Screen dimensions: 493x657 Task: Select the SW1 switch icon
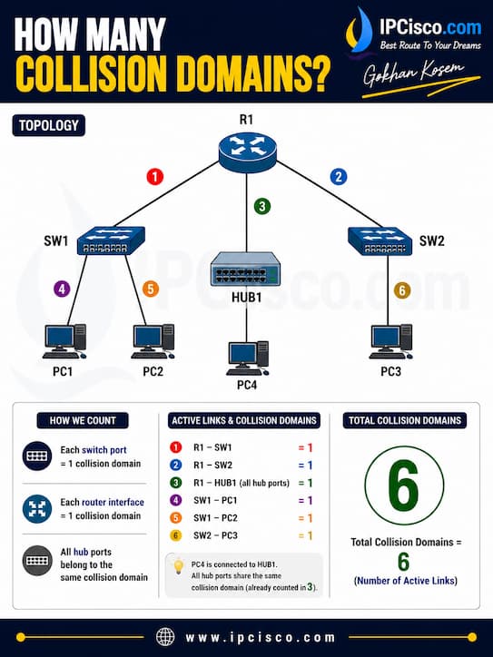click(x=111, y=240)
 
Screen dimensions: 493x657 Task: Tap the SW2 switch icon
click(x=380, y=240)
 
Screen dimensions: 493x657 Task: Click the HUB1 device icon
click(x=245, y=269)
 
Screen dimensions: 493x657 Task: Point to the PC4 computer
click(x=247, y=358)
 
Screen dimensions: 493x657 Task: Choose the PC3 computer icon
click(x=390, y=341)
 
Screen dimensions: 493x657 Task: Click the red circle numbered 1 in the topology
click(x=154, y=176)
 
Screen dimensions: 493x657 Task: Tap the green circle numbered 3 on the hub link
click(x=262, y=206)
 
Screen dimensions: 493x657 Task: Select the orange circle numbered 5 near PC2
click(x=151, y=289)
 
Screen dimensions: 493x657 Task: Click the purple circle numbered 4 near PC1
click(x=62, y=289)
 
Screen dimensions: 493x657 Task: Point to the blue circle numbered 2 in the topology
click(x=339, y=176)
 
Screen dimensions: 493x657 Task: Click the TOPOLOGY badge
click(x=49, y=125)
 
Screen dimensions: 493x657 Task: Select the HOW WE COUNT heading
click(x=83, y=421)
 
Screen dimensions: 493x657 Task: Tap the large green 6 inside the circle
click(x=403, y=485)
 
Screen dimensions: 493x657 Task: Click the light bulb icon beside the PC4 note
click(x=179, y=566)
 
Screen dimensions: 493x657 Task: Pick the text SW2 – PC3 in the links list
click(x=215, y=535)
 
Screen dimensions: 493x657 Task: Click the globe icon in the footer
click(x=165, y=637)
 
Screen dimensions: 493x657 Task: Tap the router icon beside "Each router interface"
click(x=37, y=509)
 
